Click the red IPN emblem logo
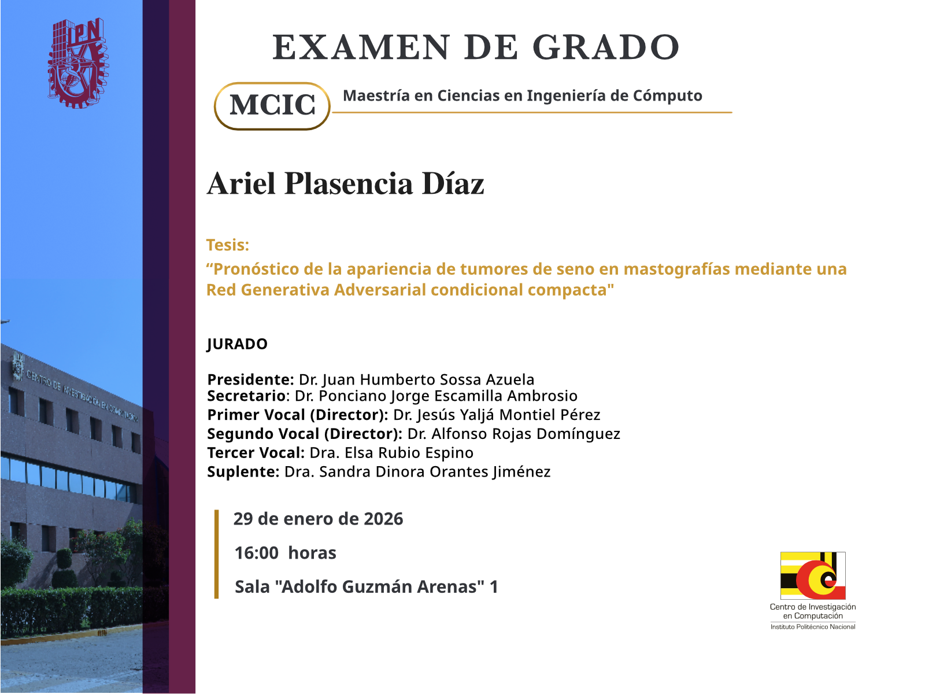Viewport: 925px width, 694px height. point(78,62)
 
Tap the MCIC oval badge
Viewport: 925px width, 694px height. point(272,106)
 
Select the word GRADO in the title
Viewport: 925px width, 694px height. point(606,47)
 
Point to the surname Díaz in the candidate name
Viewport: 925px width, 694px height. point(453,184)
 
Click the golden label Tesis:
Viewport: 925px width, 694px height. point(228,245)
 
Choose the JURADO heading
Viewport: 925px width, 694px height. point(237,344)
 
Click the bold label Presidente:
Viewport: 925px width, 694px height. point(250,379)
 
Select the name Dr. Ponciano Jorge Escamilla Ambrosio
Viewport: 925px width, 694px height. point(436,396)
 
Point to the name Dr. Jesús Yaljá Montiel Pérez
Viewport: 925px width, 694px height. point(497,415)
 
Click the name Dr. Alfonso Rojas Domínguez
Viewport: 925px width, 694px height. point(514,434)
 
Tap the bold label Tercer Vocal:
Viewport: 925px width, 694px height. point(256,453)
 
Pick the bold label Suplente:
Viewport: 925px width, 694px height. point(243,471)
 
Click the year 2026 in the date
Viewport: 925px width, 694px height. point(383,519)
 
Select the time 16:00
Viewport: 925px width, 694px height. point(256,553)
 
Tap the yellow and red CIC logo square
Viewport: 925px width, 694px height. point(812,575)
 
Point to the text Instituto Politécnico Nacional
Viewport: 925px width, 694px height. point(813,627)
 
